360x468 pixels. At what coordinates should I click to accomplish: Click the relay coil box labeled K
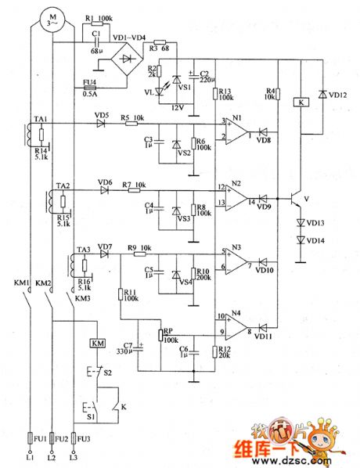(302, 101)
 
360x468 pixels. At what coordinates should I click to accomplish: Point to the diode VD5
(100, 124)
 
